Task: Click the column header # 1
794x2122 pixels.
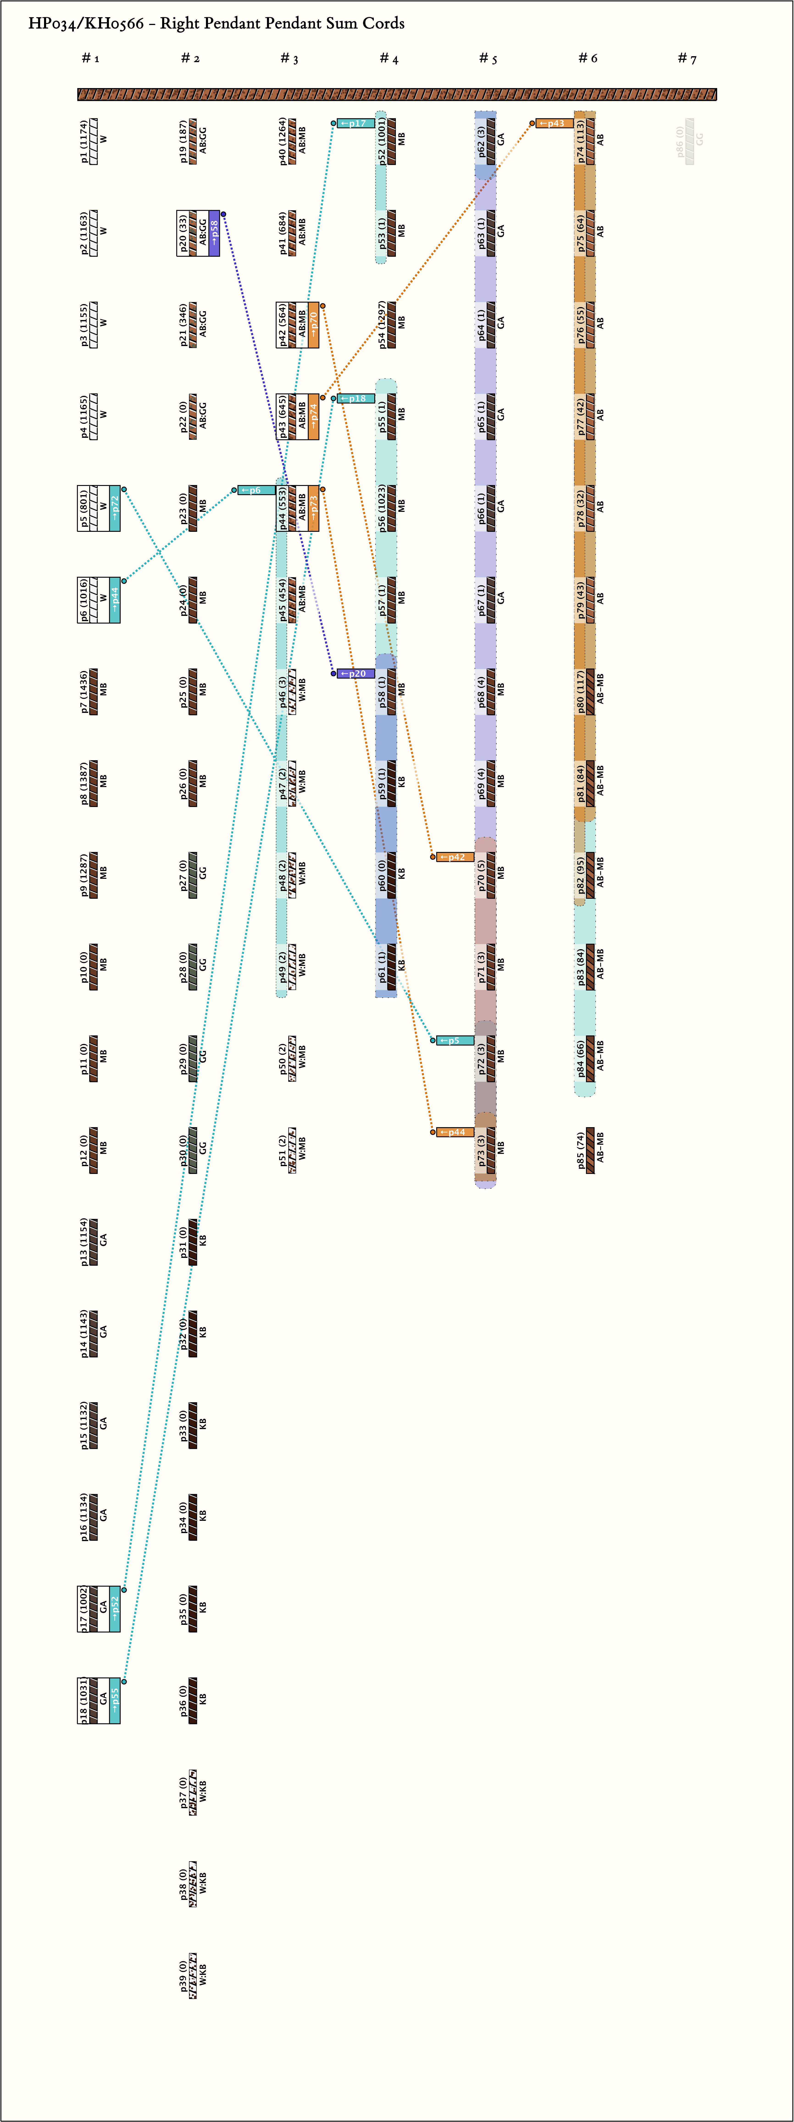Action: tap(91, 58)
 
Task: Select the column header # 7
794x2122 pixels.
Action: tap(687, 58)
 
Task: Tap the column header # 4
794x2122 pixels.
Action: tap(389, 58)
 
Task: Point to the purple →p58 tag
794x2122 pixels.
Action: tap(214, 233)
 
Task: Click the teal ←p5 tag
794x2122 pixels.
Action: tap(455, 1040)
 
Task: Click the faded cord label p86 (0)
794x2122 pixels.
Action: tap(680, 142)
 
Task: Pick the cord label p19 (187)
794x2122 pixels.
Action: tap(184, 142)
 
